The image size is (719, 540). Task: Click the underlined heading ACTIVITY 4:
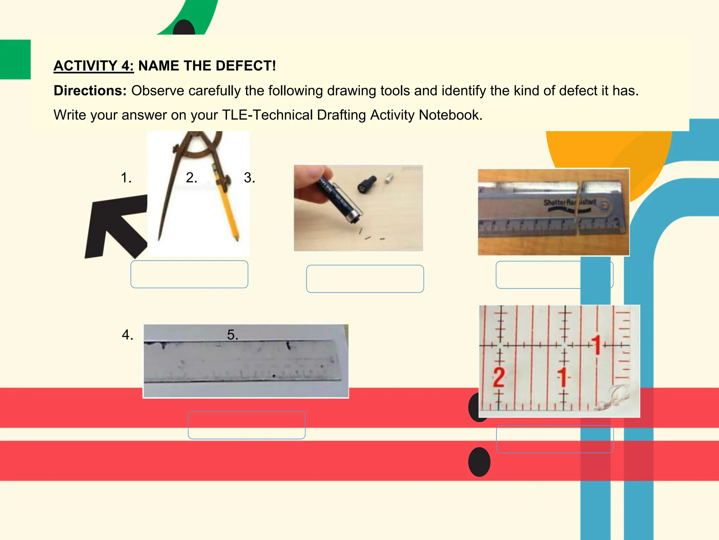tap(93, 66)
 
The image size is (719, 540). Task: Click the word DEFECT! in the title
tap(245, 66)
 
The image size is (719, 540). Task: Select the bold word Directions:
tap(90, 91)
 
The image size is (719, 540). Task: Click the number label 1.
tap(126, 178)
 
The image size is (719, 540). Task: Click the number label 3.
tap(249, 178)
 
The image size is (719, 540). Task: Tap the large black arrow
tap(112, 225)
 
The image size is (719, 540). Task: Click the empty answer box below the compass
tap(189, 274)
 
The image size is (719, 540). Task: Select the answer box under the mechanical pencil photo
tap(365, 279)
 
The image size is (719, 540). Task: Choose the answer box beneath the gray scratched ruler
tap(246, 425)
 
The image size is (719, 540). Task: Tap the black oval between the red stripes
tap(479, 462)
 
